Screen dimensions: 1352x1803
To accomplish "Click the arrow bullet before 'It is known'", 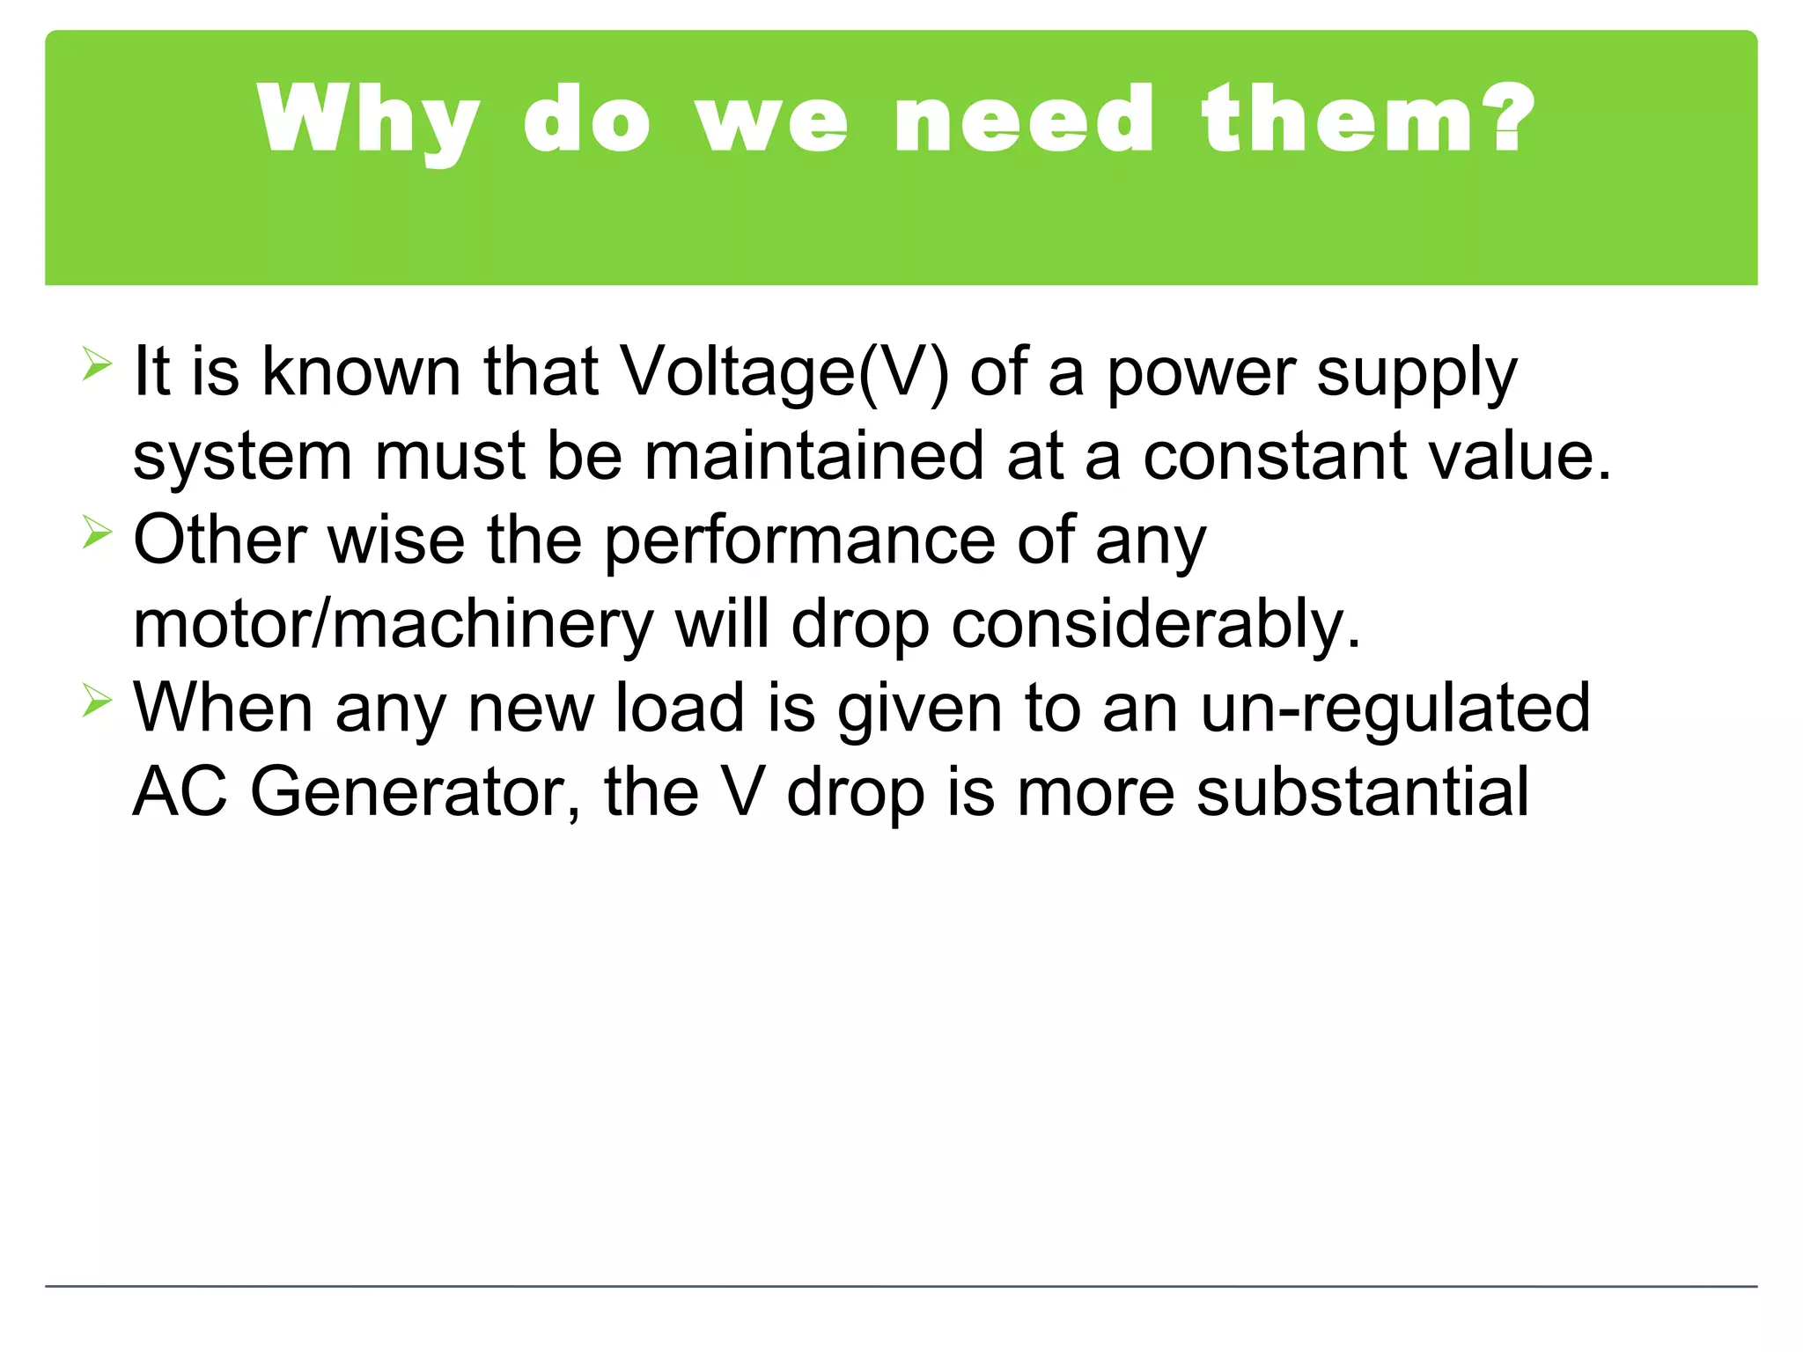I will point(97,364).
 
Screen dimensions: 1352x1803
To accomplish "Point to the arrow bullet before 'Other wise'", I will point(97,532).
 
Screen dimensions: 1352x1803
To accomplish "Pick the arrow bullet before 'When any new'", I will point(97,701).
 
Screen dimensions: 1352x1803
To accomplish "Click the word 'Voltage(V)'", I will point(784,372).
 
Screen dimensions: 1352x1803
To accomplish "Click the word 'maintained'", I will point(813,456).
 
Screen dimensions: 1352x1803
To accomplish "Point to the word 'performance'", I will point(799,540).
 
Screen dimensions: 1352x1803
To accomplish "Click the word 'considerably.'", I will point(1156,624).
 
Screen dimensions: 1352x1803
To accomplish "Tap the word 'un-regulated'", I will point(1395,708).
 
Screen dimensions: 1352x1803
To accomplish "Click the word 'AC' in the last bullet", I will point(180,792).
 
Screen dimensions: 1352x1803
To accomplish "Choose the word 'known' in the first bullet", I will point(361,372).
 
